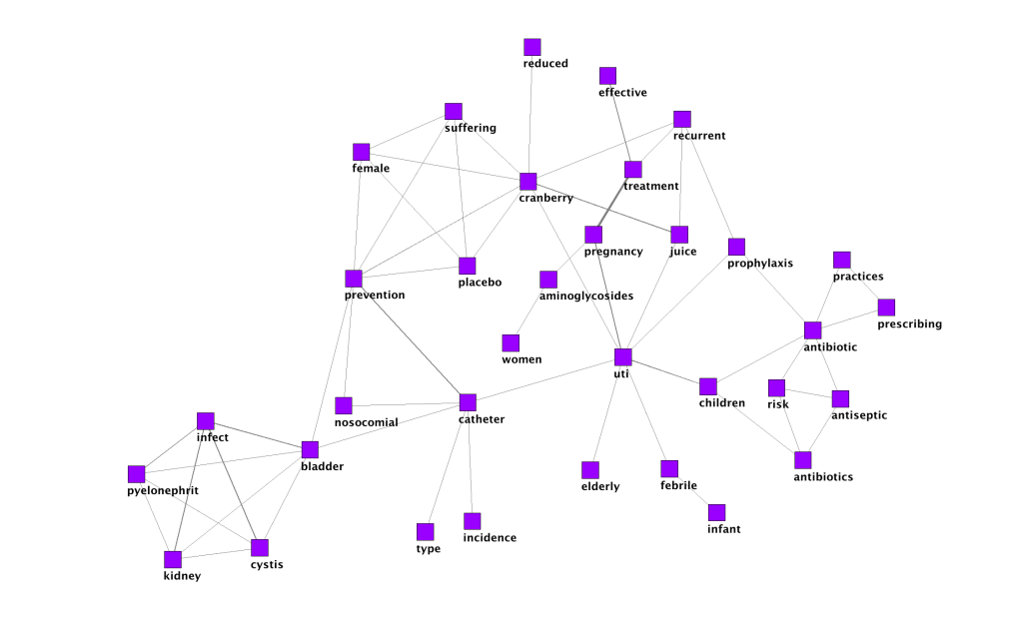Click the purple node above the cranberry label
(x=528, y=182)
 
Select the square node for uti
(x=623, y=357)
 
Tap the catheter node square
(x=468, y=402)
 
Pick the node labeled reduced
(x=532, y=47)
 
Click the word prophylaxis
(x=760, y=264)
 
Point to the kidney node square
(x=173, y=559)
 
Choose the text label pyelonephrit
(x=163, y=490)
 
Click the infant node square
(x=716, y=512)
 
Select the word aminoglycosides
(x=586, y=297)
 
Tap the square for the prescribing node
(x=886, y=308)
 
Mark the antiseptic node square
(x=840, y=399)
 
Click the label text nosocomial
(x=366, y=422)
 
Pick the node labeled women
(x=511, y=342)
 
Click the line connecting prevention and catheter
(x=411, y=340)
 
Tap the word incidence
(x=490, y=538)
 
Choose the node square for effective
(x=607, y=76)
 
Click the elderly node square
(x=590, y=470)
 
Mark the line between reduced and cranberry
(x=530, y=115)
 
